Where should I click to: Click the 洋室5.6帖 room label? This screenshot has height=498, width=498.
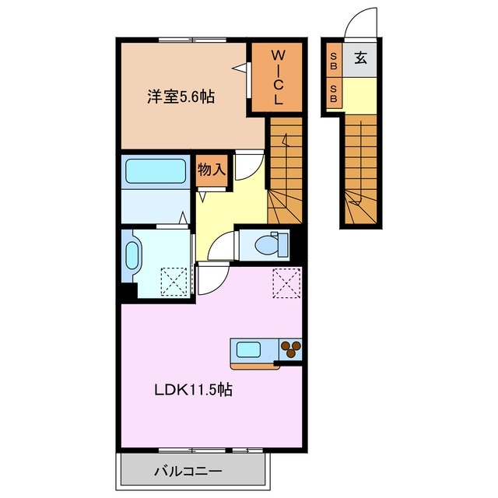coord(181,97)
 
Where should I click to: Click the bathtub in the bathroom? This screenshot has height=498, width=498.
coord(154,170)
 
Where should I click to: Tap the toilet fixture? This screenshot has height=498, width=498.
coord(269,244)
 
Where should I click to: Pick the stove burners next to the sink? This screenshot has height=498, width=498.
coord(289,349)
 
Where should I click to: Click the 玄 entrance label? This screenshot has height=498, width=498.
coord(361,57)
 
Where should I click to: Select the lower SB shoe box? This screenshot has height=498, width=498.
coord(333,94)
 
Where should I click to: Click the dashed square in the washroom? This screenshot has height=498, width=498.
coord(174,281)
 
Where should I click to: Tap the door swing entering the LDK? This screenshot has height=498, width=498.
coord(212,279)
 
